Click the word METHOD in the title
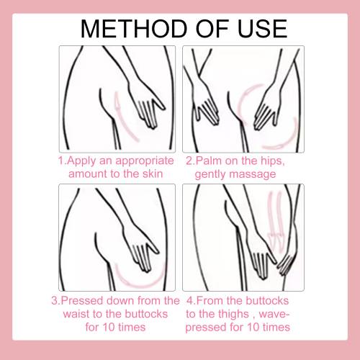point(134,29)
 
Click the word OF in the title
point(212,29)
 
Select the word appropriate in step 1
point(145,161)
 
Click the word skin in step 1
point(153,174)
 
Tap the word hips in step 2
point(274,161)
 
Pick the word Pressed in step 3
point(81,301)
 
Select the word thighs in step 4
point(234,315)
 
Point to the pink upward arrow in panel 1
point(125,117)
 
